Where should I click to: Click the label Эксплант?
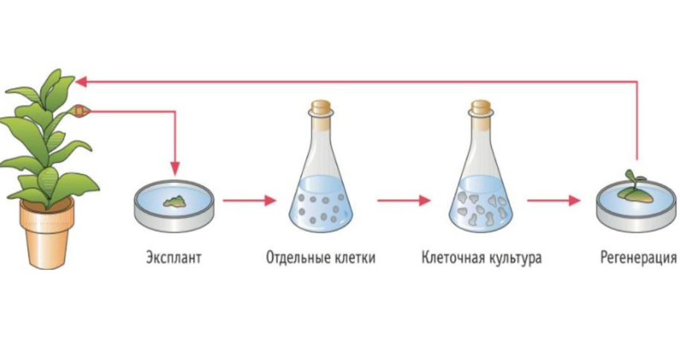click(x=173, y=257)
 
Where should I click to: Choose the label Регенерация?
click(x=638, y=257)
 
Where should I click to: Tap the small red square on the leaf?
click(x=80, y=111)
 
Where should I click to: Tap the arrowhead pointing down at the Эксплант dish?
click(x=175, y=168)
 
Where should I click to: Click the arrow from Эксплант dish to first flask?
click(x=250, y=200)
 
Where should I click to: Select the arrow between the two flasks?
click(x=404, y=200)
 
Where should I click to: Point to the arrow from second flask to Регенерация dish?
click(x=554, y=200)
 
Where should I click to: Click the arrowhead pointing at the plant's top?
click(x=80, y=82)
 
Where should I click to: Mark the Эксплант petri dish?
click(x=174, y=205)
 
